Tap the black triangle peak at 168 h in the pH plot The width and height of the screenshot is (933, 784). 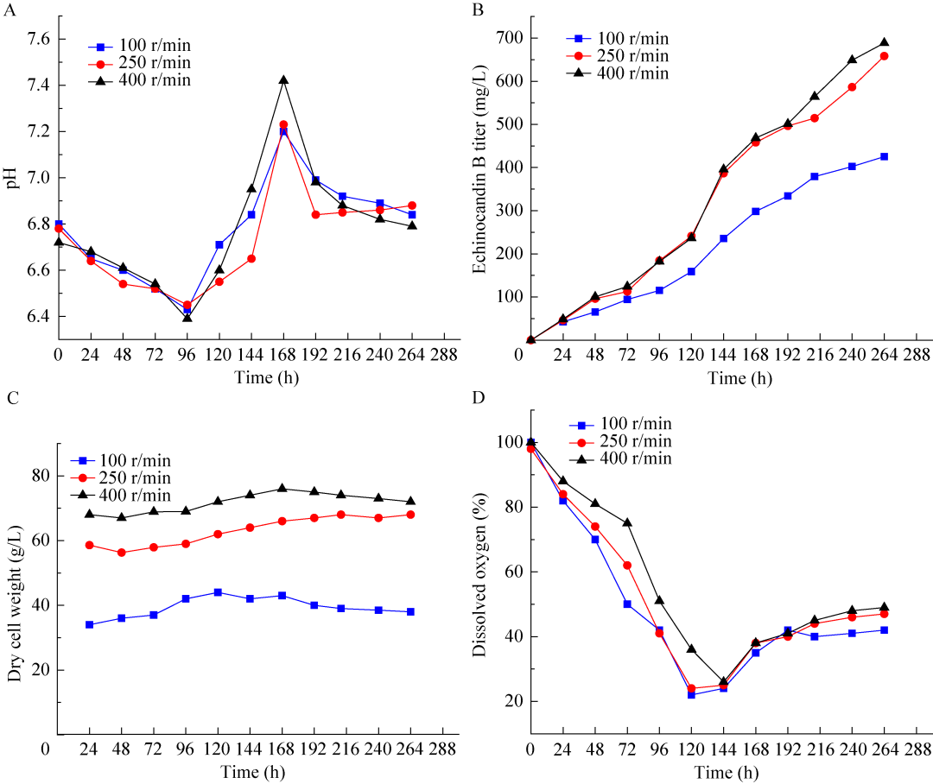click(283, 80)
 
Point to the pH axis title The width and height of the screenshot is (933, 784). click(11, 178)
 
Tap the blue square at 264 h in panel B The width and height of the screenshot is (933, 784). click(884, 157)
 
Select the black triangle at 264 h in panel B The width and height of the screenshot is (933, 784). click(884, 42)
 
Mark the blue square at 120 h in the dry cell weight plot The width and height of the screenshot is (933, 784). click(219, 592)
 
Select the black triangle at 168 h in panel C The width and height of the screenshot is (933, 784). click(283, 489)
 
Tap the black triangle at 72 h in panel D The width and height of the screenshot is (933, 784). click(627, 522)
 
